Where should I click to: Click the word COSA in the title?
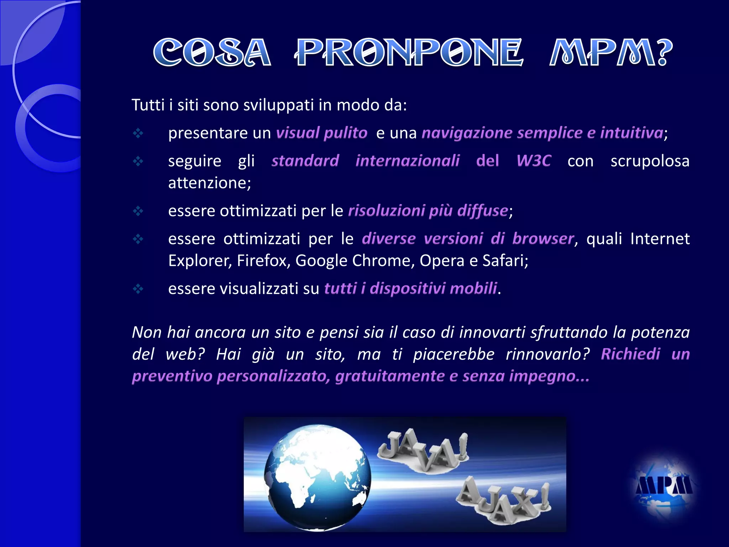tap(212, 53)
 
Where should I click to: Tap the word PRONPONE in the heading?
tap(409, 53)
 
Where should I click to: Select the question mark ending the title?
tap(664, 53)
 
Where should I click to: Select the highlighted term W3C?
tap(534, 161)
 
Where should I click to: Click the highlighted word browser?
tap(543, 239)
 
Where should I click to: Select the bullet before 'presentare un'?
tap(138, 133)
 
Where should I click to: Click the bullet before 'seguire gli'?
tap(138, 161)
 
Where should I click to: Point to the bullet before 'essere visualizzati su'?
tap(138, 288)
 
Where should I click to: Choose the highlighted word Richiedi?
tap(630, 354)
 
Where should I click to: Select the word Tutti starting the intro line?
tap(148, 105)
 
